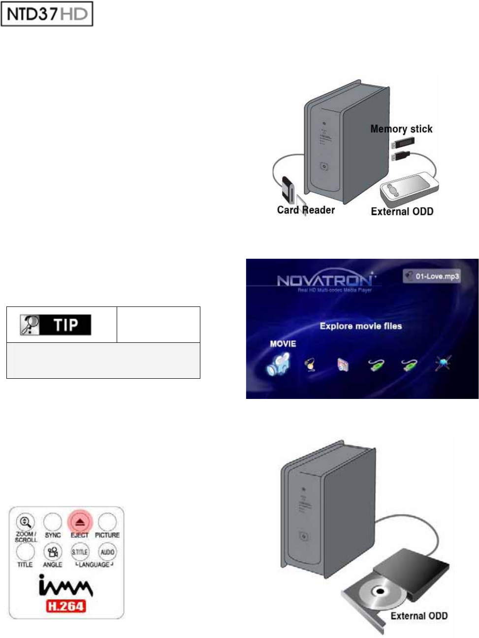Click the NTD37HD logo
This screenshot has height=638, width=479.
47,14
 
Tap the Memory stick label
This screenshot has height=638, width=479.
401,129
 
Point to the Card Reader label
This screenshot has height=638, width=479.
306,210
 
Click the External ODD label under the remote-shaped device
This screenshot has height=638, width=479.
402,212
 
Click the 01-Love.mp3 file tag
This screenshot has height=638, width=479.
432,276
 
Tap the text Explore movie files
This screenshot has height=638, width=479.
360,326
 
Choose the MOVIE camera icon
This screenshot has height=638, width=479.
279,364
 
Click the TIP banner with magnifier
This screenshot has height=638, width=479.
56,325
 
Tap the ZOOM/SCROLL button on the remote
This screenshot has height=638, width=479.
25,522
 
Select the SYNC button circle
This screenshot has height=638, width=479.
53,522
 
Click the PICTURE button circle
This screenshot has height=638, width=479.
107,522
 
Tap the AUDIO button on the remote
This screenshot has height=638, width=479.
107,552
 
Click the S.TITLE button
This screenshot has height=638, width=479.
80,552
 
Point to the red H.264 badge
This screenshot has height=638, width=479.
66,606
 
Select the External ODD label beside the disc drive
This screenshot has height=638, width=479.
419,616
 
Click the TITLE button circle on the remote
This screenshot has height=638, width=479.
25,552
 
